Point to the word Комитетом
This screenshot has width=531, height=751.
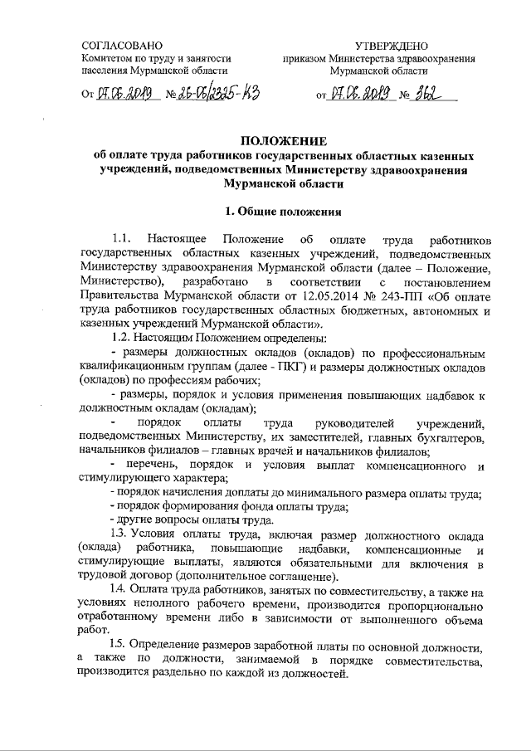pyautogui.click(x=108, y=58)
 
